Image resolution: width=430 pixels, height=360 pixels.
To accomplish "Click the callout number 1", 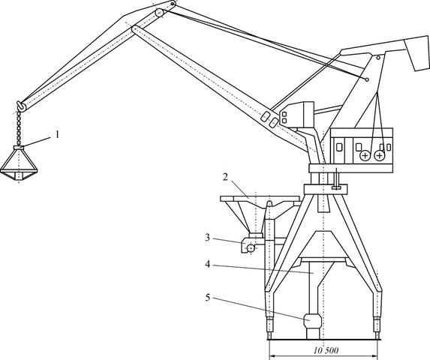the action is [57, 135].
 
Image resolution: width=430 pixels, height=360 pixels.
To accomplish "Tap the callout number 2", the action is [225, 177].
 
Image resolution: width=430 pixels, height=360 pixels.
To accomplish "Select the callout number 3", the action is [208, 238].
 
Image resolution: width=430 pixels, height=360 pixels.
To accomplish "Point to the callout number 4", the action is [208, 265].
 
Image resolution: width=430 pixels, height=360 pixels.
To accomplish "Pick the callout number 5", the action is [208, 298].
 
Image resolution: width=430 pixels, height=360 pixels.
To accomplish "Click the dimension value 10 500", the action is [326, 350].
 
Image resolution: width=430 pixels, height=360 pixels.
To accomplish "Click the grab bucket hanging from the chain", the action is [19, 163].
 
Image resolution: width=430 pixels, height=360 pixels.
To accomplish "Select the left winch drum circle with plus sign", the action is [365, 156].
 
